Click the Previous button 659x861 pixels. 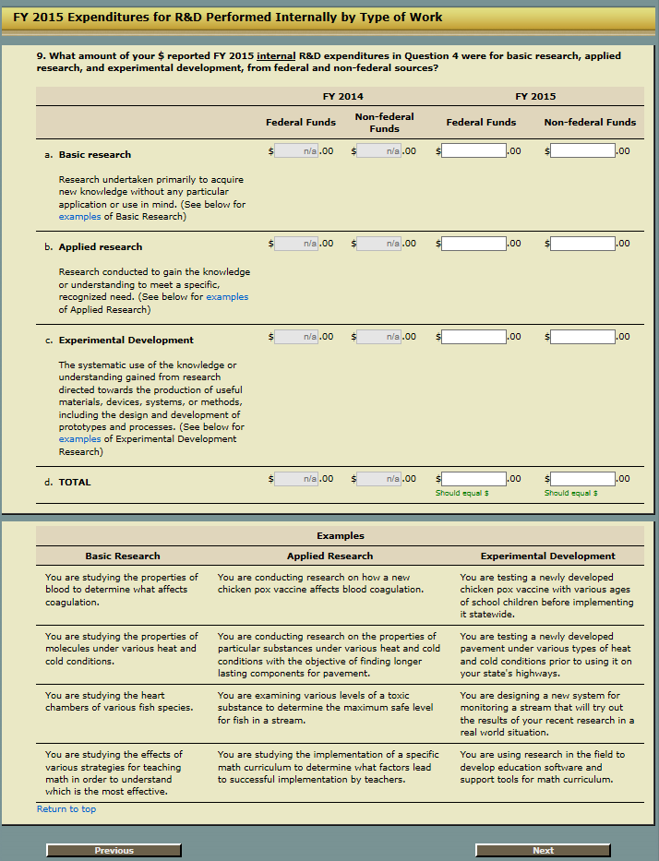click(114, 850)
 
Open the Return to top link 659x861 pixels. click(66, 809)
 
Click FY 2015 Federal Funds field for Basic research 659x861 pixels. click(473, 150)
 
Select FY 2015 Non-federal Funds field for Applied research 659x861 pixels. click(581, 244)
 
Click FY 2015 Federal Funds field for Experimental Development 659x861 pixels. click(473, 337)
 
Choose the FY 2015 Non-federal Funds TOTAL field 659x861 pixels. click(581, 479)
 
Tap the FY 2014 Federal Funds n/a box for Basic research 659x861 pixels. click(296, 150)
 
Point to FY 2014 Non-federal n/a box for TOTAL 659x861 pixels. click(379, 479)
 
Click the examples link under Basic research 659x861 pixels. click(79, 217)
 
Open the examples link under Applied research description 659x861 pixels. click(227, 297)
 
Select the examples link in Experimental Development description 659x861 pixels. click(79, 439)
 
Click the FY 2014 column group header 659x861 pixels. click(342, 96)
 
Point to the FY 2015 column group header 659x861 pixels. click(535, 96)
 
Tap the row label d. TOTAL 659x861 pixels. click(75, 482)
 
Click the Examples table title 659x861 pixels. click(340, 536)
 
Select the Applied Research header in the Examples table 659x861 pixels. click(329, 556)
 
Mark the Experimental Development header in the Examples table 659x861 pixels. click(547, 556)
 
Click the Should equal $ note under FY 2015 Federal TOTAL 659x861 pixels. click(461, 494)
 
